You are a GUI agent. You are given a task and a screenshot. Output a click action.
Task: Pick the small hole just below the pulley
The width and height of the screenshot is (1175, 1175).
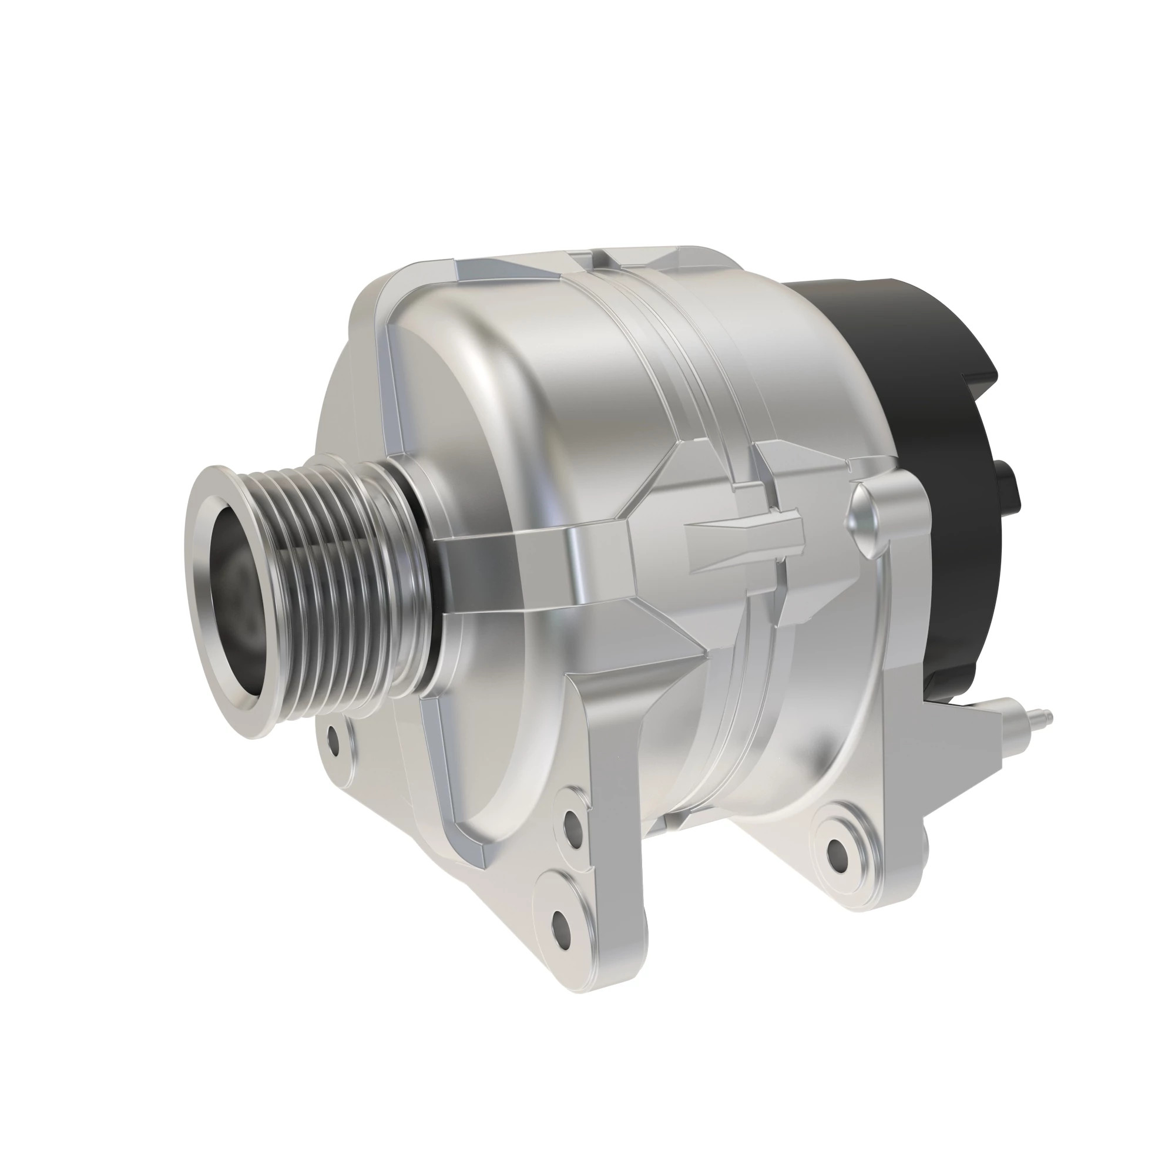click(333, 743)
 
